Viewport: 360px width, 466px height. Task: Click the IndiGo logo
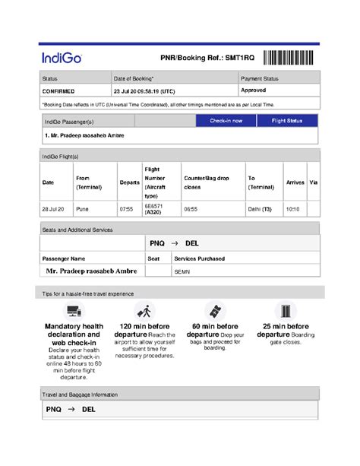pos(62,58)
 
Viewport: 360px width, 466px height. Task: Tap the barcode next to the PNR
pos(292,57)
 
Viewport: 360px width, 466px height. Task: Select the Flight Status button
pos(287,121)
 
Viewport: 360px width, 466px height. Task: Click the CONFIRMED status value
pos(58,90)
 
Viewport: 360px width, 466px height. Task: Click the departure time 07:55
pos(126,208)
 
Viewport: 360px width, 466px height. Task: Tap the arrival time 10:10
pos(292,208)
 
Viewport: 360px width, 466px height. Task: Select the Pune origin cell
pos(82,208)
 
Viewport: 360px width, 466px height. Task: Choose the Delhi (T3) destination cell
pos(259,208)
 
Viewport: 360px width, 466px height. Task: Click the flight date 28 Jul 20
pos(53,208)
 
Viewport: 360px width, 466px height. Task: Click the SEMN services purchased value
pos(182,271)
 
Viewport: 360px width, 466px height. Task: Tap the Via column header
pos(313,182)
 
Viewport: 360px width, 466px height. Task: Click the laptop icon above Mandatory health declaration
pos(74,311)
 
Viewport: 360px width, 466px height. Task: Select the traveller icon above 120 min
pos(144,311)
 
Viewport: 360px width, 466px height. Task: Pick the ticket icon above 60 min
pos(215,311)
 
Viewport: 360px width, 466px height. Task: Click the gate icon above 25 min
pos(286,311)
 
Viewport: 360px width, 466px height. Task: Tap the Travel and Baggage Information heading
pos(80,395)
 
